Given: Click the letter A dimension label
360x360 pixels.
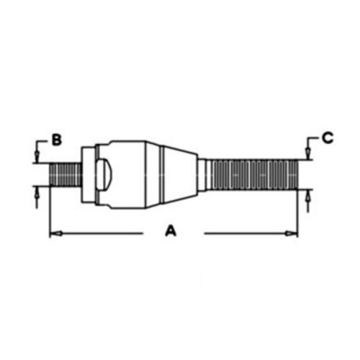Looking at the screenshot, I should pos(171,231).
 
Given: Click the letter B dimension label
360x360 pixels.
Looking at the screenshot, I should pos(55,140).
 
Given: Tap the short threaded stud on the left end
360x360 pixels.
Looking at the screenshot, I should pos(66,175).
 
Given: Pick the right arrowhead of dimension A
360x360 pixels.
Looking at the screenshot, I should pos(294,233).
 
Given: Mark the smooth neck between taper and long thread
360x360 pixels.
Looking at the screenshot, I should pos(204,174).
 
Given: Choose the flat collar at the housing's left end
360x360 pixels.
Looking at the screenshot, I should pos(86,174).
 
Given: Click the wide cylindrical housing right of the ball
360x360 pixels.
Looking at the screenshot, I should pos(130,174).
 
